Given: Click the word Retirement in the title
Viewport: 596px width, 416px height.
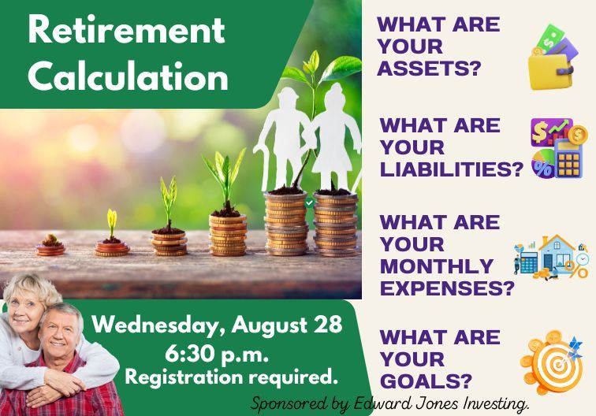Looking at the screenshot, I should coord(126,32).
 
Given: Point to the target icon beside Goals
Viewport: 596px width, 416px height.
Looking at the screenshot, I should coord(553,362).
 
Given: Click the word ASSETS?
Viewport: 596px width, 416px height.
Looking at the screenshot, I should coord(429,69).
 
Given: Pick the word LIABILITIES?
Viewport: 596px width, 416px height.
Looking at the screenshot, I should coord(452,169).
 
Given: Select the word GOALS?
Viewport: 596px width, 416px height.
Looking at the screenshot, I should coord(426,381).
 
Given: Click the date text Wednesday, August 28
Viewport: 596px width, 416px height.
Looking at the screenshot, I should coord(218,324).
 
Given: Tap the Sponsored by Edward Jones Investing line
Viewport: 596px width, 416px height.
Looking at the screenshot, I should coord(389,403).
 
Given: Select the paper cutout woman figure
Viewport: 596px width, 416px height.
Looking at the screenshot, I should coord(334,135).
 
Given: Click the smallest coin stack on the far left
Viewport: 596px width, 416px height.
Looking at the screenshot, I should coord(50,247).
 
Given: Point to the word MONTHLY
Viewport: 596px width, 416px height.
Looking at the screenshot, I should coord(436,266).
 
